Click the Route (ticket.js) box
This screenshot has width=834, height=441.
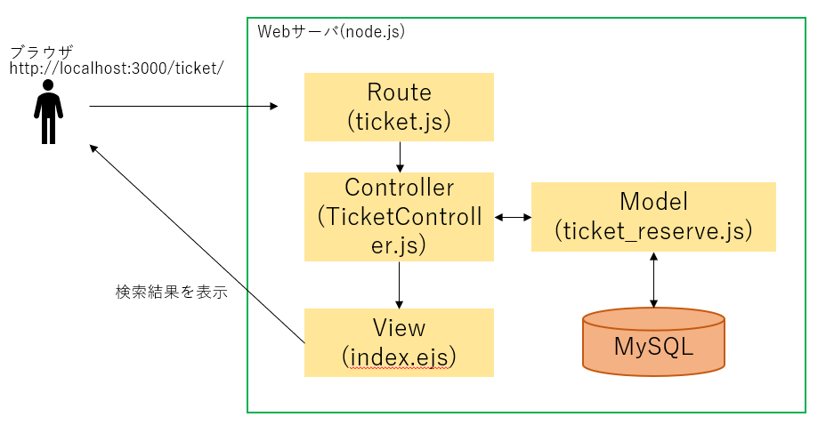399,107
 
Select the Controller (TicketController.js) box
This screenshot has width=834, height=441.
399,217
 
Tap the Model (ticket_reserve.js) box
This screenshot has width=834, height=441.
653,217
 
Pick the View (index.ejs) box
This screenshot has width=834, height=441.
399,342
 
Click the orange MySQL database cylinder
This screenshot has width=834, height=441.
653,341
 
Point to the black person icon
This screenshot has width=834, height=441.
48,112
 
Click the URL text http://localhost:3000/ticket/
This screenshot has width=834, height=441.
116,68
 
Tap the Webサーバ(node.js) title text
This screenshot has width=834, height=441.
331,31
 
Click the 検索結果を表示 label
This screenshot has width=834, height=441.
171,292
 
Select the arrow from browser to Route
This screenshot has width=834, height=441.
182,107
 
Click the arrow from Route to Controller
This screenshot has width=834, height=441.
400,156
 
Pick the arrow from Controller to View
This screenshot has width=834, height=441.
400,285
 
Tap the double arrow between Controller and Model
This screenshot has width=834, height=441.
512,217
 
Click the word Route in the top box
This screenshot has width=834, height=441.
399,92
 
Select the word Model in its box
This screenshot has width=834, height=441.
653,202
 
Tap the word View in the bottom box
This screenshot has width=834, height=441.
399,327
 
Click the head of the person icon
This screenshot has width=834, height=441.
48,86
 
